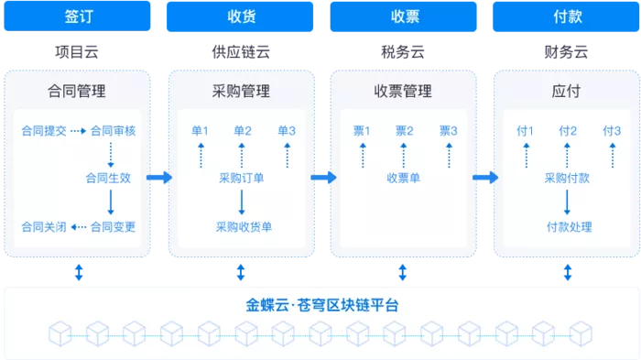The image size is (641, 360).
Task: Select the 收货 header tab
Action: [x=242, y=16]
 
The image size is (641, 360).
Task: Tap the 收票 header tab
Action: [x=404, y=16]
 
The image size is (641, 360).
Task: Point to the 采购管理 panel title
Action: [x=242, y=92]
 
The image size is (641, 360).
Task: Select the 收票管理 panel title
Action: [x=403, y=92]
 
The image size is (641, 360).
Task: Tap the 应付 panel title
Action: [x=567, y=92]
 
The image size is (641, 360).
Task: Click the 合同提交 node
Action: [x=43, y=131]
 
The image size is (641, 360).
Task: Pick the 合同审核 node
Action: [x=113, y=131]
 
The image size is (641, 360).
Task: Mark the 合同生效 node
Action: [x=108, y=178]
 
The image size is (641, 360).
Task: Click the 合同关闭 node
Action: [x=43, y=226]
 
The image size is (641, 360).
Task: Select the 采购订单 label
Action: [x=242, y=178]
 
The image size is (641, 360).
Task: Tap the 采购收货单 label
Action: [x=243, y=226]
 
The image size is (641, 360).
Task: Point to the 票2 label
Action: [x=404, y=131]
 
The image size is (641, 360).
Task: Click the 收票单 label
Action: [x=403, y=178]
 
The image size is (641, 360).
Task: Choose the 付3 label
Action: [x=613, y=131]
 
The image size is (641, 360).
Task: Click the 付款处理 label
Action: [x=569, y=226]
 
